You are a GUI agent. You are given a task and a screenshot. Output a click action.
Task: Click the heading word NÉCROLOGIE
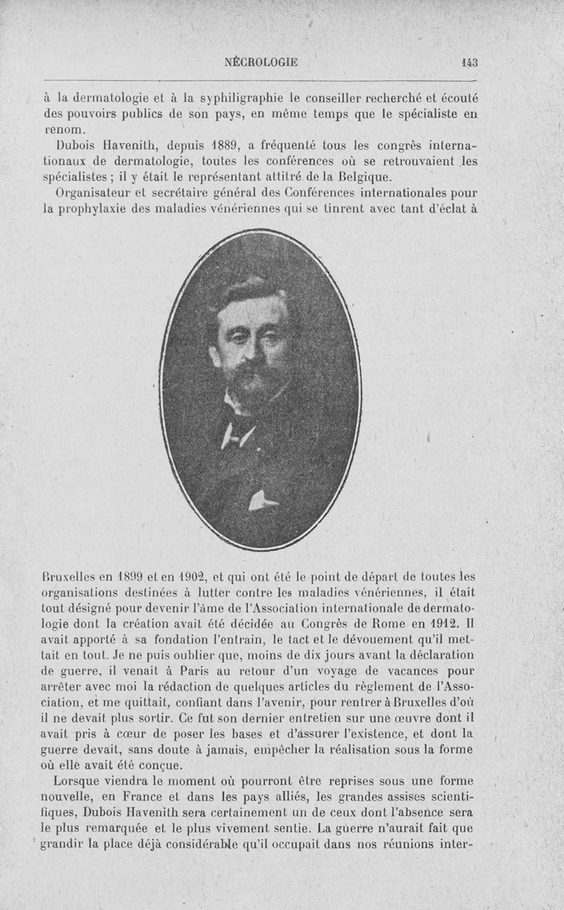261,62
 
